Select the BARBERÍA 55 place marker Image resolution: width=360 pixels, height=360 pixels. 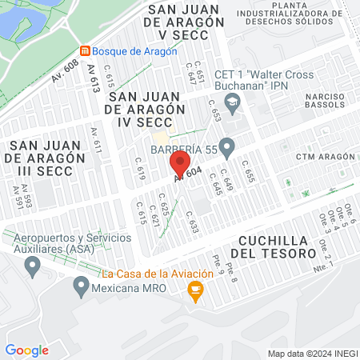pos(227,146)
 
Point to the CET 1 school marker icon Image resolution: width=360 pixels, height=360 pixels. pos(233,102)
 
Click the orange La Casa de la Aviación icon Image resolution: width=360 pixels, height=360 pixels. pos(194,294)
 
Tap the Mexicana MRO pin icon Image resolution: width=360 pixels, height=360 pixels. pos(81,285)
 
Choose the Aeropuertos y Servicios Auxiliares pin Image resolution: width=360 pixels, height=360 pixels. pos(33,266)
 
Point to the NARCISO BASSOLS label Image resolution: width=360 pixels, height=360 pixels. pos(325,102)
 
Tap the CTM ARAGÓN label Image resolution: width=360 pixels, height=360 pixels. pos(325,156)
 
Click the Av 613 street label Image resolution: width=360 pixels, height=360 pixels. pos(94,78)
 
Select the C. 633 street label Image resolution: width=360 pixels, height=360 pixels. pos(192,220)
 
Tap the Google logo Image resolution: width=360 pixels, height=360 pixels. pos(26,350)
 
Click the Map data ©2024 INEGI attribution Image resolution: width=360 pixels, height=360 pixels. pos(312,354)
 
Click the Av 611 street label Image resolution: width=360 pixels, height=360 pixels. pos(96,142)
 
